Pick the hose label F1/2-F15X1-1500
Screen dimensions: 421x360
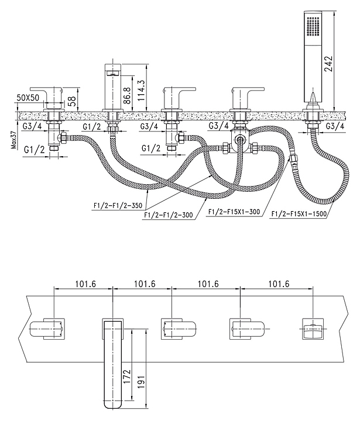tap(298, 215)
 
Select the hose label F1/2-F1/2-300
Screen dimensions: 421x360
tap(167, 215)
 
